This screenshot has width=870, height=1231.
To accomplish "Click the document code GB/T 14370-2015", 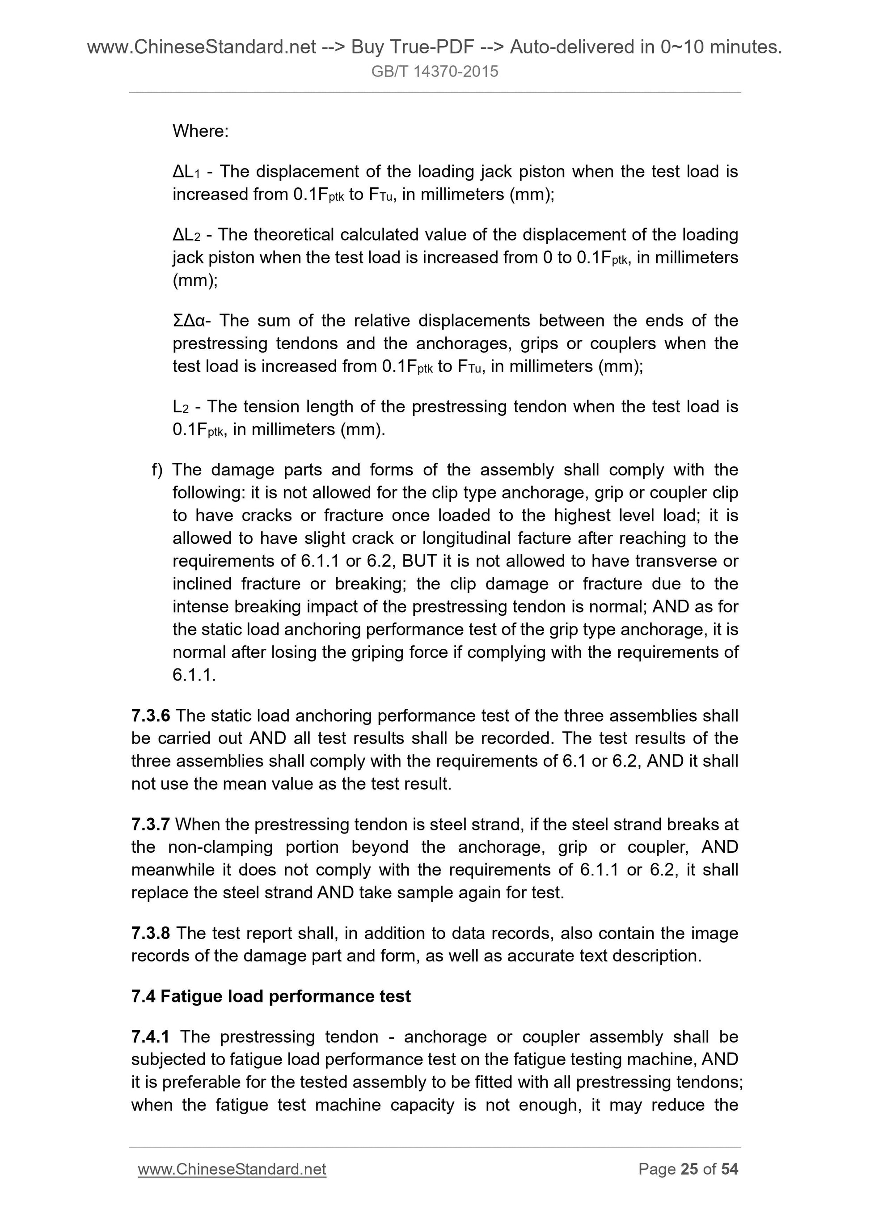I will click(x=434, y=71).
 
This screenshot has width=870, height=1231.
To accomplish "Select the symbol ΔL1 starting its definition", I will click(x=186, y=172).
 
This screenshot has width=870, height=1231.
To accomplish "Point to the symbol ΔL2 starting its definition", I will click(x=186, y=235).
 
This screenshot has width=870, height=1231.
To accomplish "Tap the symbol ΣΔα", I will click(x=189, y=321).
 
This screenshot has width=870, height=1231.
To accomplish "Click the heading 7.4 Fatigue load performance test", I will click(x=271, y=996).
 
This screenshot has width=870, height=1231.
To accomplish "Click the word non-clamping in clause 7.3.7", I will click(x=220, y=847).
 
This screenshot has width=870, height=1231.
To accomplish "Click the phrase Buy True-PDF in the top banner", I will click(x=412, y=48).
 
